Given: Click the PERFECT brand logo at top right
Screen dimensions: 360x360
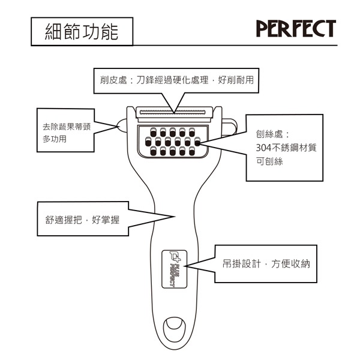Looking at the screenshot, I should click(296, 28).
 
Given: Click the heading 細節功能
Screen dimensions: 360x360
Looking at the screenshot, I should click(82, 32).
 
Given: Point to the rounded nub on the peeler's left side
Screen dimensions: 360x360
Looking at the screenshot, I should click(121, 125).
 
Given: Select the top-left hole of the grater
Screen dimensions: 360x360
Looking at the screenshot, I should click(151, 132).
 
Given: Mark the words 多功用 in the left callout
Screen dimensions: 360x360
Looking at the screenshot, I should click(55, 139).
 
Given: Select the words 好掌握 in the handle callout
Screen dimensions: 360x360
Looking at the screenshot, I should click(106, 220).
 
